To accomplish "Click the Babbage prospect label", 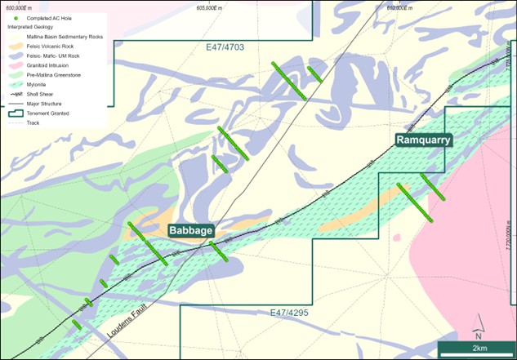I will pos(192,230).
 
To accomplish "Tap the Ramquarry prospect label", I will pos(423,140).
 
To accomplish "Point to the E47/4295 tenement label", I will pos(291,313).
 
